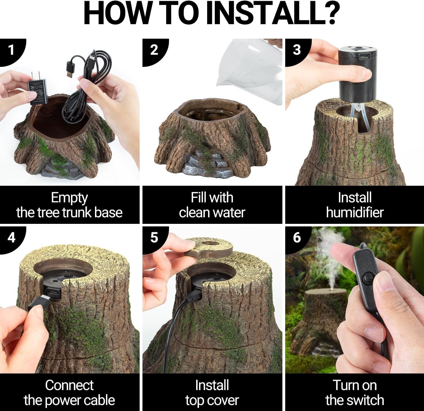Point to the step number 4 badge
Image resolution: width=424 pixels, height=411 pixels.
click(11, 238)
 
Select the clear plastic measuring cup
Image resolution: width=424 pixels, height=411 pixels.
click(250, 69)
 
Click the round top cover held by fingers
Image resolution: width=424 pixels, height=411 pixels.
click(209, 247)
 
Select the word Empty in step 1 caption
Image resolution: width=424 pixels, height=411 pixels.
click(70, 198)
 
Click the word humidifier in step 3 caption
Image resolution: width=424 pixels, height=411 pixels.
click(355, 213)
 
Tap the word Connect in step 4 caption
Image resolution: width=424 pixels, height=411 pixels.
click(69, 385)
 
